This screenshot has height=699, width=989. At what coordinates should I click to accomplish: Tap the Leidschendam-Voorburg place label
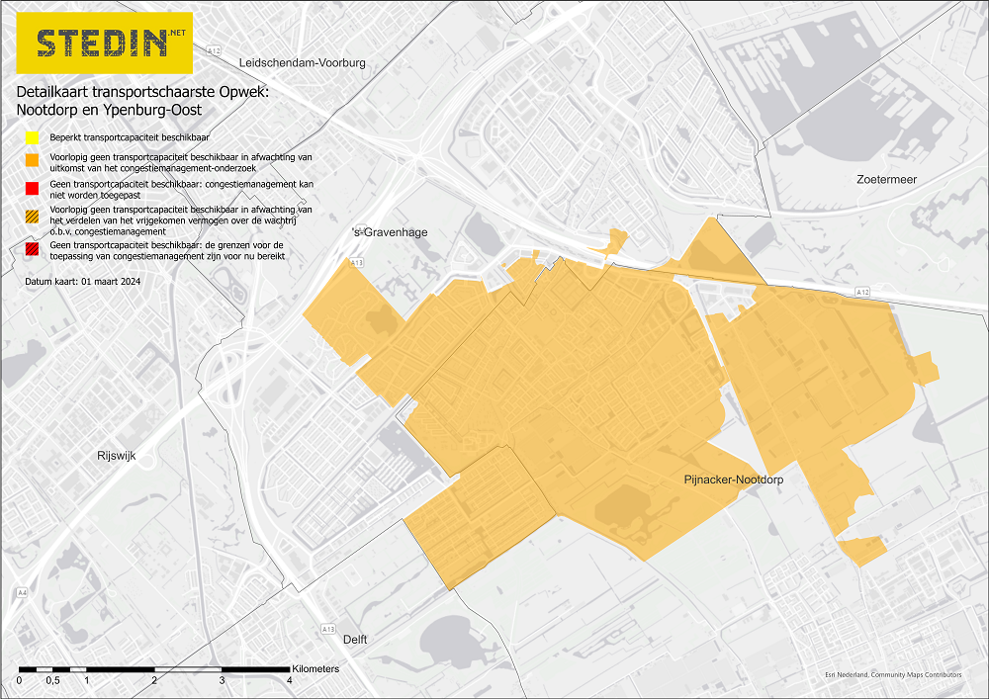click(303, 62)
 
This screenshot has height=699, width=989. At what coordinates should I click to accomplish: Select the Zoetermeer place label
click(887, 179)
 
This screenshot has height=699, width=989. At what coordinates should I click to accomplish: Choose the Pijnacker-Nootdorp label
click(733, 480)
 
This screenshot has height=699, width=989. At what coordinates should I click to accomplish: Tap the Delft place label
click(355, 640)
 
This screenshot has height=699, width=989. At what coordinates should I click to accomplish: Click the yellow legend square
click(33, 137)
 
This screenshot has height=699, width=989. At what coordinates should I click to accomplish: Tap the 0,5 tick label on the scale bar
click(52, 681)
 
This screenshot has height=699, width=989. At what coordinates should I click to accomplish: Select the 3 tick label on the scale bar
click(222, 681)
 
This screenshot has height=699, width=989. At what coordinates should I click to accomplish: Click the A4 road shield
click(22, 593)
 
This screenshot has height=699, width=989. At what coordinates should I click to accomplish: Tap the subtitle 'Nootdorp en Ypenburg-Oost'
click(109, 110)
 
